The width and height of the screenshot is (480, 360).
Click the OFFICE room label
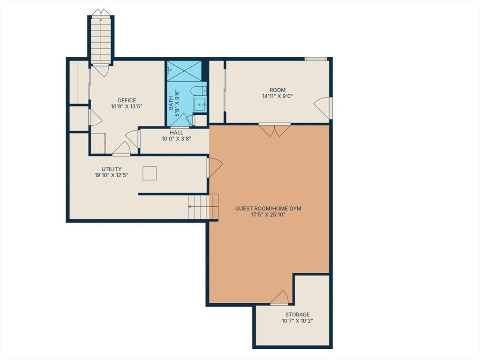click(127, 100)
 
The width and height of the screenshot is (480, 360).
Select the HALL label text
click(177, 133)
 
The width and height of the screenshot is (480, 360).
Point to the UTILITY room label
click(112, 169)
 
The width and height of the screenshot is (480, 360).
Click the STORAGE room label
click(298, 315)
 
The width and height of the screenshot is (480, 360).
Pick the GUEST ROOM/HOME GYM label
click(268, 209)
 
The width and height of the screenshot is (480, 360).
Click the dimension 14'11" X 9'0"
click(277, 96)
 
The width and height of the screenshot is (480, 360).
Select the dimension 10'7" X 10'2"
click(298, 321)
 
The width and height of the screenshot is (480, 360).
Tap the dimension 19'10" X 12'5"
click(112, 175)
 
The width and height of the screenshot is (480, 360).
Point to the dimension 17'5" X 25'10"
click(268, 215)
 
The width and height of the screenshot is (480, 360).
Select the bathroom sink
click(201, 105)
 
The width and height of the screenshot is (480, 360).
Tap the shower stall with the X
click(184, 71)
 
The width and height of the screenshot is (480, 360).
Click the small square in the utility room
click(150, 173)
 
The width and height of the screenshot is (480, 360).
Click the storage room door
click(279, 298)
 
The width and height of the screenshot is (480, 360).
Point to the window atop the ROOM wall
click(315, 59)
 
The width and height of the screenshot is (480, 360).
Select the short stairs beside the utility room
click(203, 206)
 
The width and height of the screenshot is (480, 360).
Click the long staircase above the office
click(101, 39)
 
